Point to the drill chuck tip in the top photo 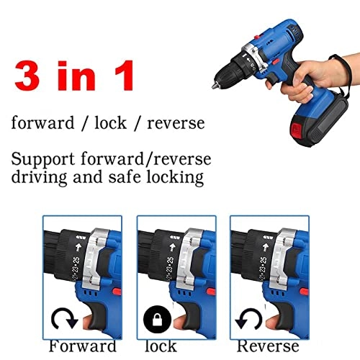pos(217,70)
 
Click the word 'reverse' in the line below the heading pos(176,123)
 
